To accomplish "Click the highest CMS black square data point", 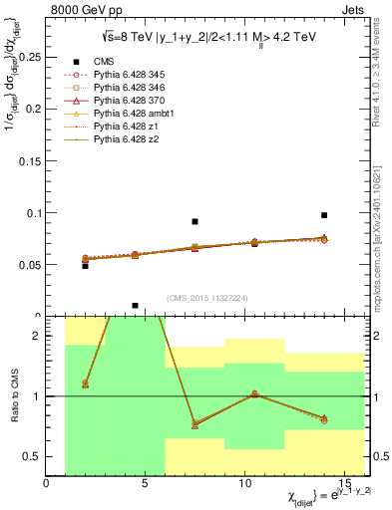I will coord(324,215).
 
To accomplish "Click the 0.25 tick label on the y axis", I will coord(28,58).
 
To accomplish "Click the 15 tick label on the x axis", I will coord(345,483).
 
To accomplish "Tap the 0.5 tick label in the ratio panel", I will coord(32,456).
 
